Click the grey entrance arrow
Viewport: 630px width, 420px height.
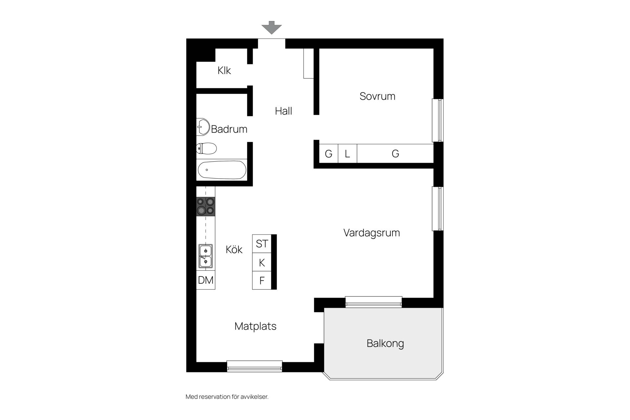click(x=271, y=28)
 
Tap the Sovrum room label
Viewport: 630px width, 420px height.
click(x=377, y=96)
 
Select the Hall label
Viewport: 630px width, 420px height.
click(x=283, y=111)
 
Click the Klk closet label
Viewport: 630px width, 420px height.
click(x=224, y=70)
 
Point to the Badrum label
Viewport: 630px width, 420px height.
click(x=229, y=129)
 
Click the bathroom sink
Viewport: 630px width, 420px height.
click(x=203, y=127)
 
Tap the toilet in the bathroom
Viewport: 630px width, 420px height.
click(x=206, y=149)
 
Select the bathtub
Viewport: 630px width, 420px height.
click(x=222, y=170)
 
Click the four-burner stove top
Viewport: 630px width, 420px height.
click(x=206, y=206)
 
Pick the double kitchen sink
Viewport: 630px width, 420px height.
click(x=206, y=256)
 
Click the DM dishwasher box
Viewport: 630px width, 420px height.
click(x=206, y=280)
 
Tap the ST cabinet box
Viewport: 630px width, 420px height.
click(x=262, y=243)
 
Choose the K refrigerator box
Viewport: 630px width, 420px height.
click(x=262, y=262)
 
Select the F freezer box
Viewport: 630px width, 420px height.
click(x=262, y=281)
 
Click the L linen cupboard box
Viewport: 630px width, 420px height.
click(x=347, y=154)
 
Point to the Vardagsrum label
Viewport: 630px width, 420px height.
click(x=372, y=233)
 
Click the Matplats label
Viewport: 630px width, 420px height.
click(x=256, y=326)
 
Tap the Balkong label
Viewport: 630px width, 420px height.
click(x=385, y=344)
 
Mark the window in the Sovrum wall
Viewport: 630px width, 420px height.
click(x=438, y=120)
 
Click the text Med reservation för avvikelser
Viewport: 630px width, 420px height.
click(x=227, y=397)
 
